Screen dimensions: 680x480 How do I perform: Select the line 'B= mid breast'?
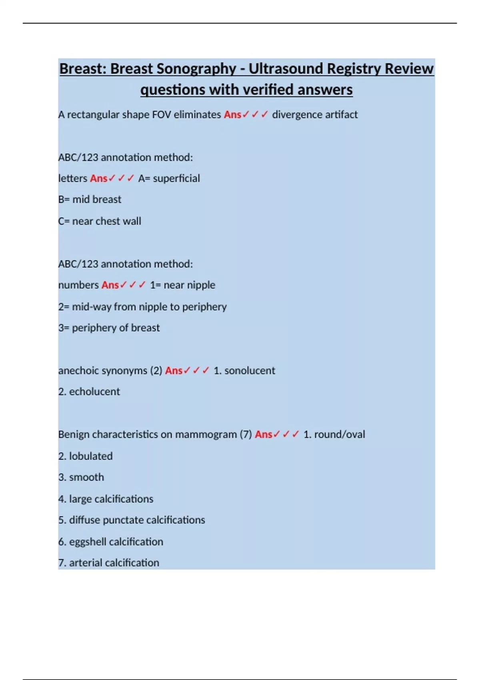click(x=90, y=200)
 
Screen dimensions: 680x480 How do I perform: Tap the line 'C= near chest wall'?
click(x=100, y=221)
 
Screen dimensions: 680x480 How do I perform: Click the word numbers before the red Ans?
click(x=78, y=285)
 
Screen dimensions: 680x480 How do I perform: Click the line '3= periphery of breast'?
click(x=109, y=328)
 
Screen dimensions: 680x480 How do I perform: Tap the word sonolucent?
click(x=250, y=371)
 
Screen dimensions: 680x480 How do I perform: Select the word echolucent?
click(x=94, y=392)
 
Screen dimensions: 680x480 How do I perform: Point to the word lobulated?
click(x=91, y=456)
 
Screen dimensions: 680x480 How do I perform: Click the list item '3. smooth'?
click(x=81, y=477)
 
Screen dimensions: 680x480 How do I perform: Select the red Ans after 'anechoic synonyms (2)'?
click(x=174, y=371)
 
